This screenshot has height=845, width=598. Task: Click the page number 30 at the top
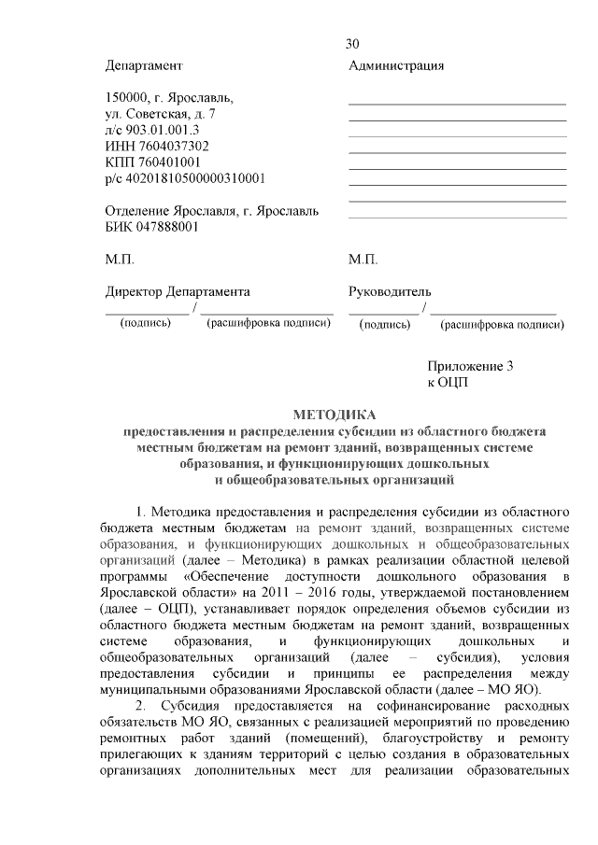coord(352,44)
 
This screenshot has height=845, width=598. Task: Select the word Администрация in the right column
coord(396,65)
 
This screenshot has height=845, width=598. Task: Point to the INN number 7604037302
coord(174,146)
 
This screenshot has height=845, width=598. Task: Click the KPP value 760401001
coord(165,162)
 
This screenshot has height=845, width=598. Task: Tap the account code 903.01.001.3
coord(163,130)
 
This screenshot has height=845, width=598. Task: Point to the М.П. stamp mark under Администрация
coord(363,259)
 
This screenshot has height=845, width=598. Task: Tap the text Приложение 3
coord(471,366)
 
